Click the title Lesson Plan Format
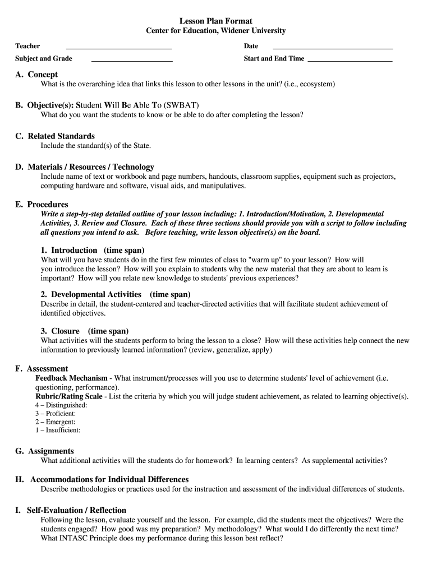tap(216, 21)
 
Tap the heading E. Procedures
tap(42, 204)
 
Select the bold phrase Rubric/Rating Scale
tap(69, 396)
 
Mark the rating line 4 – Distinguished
tap(61, 405)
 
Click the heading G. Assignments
tap(44, 451)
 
